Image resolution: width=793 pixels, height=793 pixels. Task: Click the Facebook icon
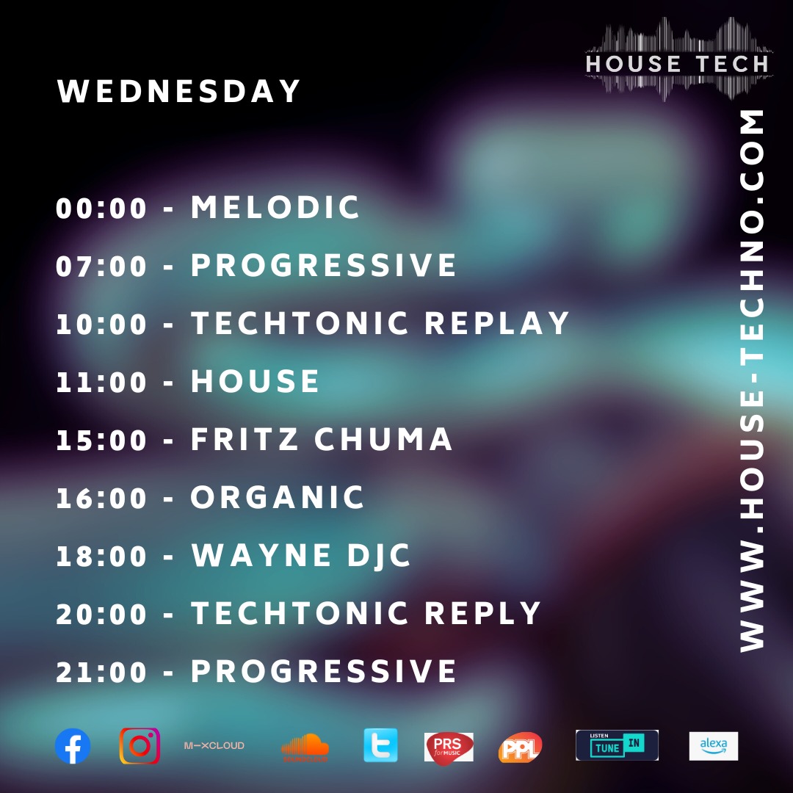[x=73, y=746]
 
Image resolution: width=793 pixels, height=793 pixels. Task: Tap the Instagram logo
[x=140, y=746]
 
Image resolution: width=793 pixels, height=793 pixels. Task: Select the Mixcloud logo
[x=214, y=745]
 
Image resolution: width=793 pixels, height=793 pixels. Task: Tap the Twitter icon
[x=380, y=745]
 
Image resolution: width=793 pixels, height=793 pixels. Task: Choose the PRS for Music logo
[x=449, y=747]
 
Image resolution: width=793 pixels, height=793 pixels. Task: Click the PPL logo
[x=520, y=747]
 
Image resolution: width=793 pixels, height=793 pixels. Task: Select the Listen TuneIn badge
[x=617, y=745]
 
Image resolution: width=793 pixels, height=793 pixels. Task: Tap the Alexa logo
[x=713, y=746]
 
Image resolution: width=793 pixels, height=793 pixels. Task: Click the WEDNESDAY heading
[x=180, y=92]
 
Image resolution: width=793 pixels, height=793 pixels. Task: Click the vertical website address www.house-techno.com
[x=751, y=380]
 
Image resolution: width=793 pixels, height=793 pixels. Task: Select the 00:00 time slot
[x=102, y=209]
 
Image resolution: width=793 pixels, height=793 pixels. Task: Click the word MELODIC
[x=275, y=208]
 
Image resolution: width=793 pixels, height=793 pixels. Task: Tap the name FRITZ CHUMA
[x=322, y=440]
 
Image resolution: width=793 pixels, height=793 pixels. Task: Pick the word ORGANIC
[x=278, y=498]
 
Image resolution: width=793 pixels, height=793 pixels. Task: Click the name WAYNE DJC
[x=301, y=556]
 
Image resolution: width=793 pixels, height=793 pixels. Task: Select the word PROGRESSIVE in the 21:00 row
[x=324, y=672]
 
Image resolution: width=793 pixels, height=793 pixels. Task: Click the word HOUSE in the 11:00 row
[x=255, y=382]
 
